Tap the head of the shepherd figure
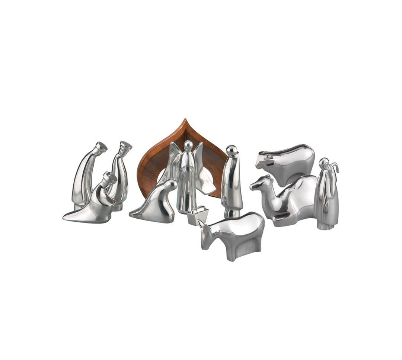pyautogui.click(x=324, y=163)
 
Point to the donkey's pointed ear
pyautogui.click(x=201, y=224)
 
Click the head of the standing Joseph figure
pyautogui.click(x=232, y=150)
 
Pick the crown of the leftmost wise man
pyautogui.click(x=101, y=147)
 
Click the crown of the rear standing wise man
pyautogui.click(x=126, y=146)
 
